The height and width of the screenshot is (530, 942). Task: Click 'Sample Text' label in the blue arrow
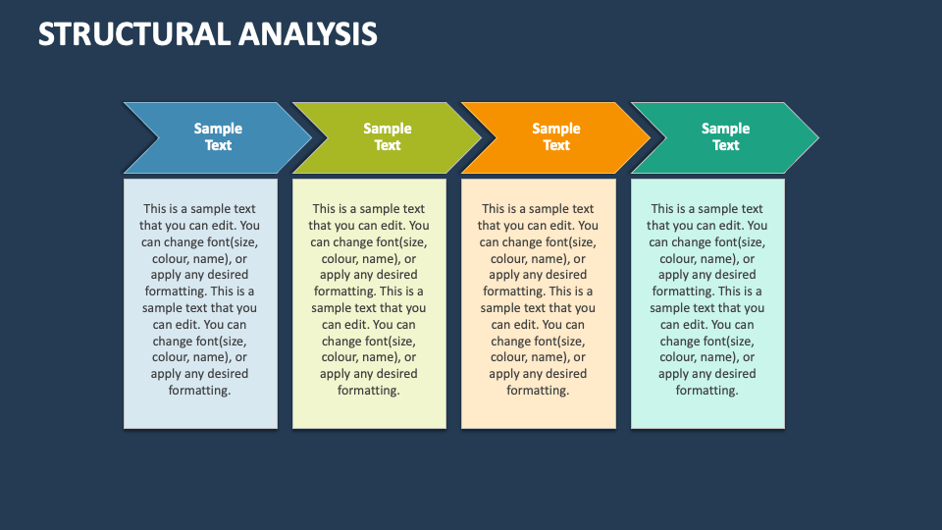(218, 136)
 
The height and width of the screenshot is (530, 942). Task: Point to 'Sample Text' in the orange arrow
(556, 136)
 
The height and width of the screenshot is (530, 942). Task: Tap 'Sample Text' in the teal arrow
(725, 136)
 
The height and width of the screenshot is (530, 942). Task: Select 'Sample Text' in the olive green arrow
(388, 136)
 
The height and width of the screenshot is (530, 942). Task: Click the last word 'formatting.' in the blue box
(200, 391)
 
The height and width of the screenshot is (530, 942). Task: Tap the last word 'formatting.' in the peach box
(538, 391)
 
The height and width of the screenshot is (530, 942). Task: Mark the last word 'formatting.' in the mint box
(707, 391)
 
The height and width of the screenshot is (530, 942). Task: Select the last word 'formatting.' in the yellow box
(369, 391)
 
